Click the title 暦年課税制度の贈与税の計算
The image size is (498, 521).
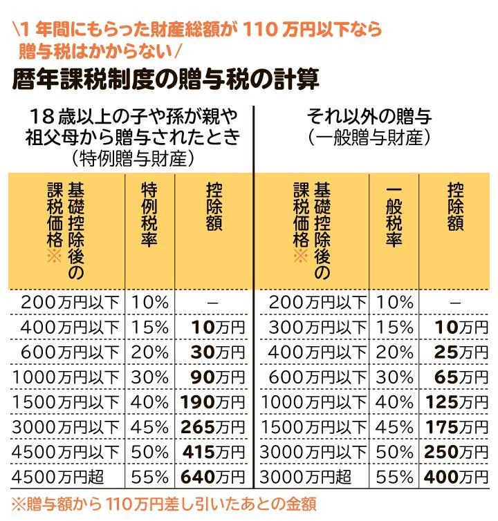(x=166, y=80)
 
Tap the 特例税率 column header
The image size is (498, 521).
(x=150, y=215)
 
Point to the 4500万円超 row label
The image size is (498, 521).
(x=67, y=476)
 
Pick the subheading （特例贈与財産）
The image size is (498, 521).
(x=131, y=159)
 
